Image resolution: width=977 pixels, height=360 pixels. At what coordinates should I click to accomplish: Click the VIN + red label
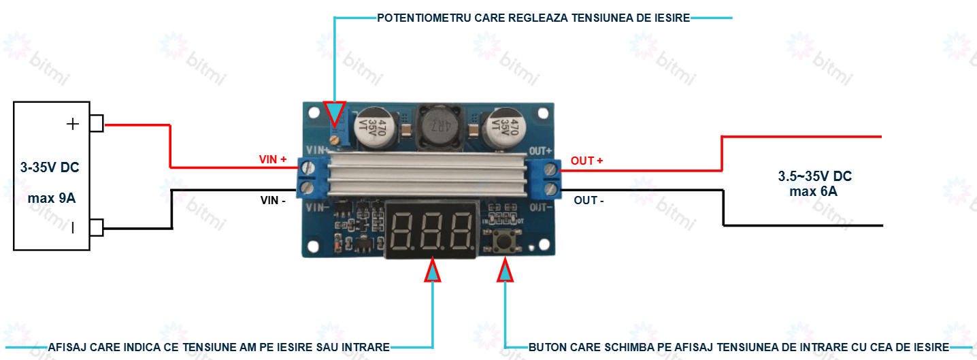click(x=273, y=159)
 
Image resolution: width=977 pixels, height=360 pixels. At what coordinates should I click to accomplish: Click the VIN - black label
click(x=273, y=201)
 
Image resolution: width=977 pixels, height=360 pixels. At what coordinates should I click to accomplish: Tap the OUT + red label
click(x=586, y=161)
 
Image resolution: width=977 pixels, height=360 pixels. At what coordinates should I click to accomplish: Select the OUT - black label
click(x=589, y=201)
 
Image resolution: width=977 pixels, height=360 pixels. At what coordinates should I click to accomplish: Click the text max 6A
click(x=813, y=191)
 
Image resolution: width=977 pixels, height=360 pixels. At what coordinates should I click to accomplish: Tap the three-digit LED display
click(x=431, y=229)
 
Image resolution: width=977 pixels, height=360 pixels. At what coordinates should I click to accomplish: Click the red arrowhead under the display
click(x=433, y=270)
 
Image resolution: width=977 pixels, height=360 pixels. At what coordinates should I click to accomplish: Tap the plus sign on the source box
click(x=72, y=124)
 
